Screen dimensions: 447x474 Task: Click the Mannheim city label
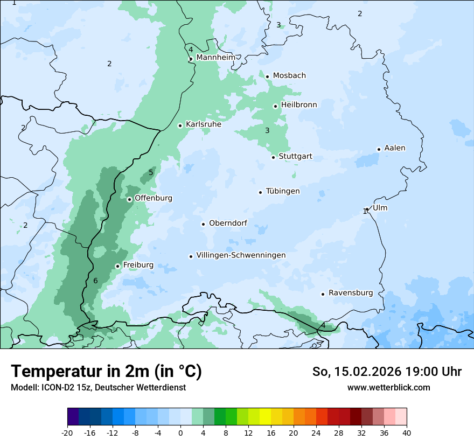pos(215,58)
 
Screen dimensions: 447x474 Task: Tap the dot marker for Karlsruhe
pos(180,125)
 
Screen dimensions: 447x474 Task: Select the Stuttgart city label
pos(295,157)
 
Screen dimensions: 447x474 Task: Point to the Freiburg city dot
pos(117,266)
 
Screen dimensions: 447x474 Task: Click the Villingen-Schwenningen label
pos(241,255)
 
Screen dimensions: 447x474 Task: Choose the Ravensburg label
pos(350,293)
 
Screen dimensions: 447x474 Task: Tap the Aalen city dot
pos(379,149)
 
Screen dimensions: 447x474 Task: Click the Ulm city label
pos(380,208)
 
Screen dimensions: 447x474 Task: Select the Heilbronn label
pos(299,105)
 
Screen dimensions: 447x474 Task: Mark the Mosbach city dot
pos(267,76)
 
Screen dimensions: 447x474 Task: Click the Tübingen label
pos(283,191)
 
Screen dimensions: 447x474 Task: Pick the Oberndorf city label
pos(228,223)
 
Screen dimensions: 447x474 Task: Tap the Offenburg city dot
pos(129,199)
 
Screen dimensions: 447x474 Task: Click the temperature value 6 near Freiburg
pos(95,281)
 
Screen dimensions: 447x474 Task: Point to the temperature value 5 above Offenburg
pos(151,172)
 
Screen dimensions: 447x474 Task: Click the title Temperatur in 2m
pos(106,371)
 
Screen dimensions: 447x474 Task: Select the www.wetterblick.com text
pos(388,387)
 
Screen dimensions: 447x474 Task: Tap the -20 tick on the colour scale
pos(67,432)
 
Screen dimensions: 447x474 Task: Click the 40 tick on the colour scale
pos(406,432)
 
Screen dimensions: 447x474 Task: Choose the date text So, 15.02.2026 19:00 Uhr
pos(387,372)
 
